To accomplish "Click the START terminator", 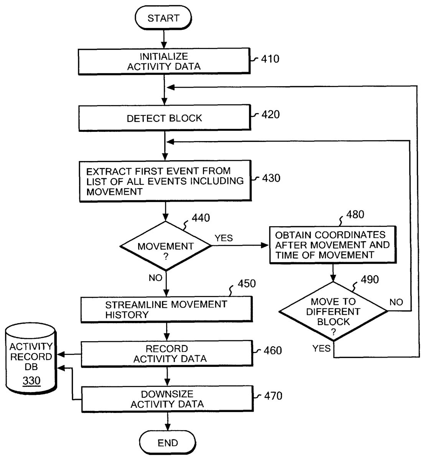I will [x=163, y=18].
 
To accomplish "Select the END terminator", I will [x=168, y=443].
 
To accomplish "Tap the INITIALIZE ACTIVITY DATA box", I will [x=164, y=61].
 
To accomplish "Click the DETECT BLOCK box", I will [x=164, y=118].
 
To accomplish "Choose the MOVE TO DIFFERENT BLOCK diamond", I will [x=333, y=311].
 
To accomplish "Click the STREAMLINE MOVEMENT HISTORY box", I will [x=166, y=310].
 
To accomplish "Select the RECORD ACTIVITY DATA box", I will [x=167, y=354].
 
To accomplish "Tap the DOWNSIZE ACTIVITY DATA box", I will [x=167, y=399].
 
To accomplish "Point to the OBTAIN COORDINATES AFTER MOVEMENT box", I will [x=333, y=244].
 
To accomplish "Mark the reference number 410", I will [x=270, y=59].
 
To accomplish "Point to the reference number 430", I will [x=271, y=178].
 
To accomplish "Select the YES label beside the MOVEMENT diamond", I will [x=224, y=238].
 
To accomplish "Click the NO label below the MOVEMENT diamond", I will [x=155, y=278].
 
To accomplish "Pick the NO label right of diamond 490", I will [x=396, y=302].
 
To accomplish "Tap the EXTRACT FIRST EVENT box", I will [x=165, y=181].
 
